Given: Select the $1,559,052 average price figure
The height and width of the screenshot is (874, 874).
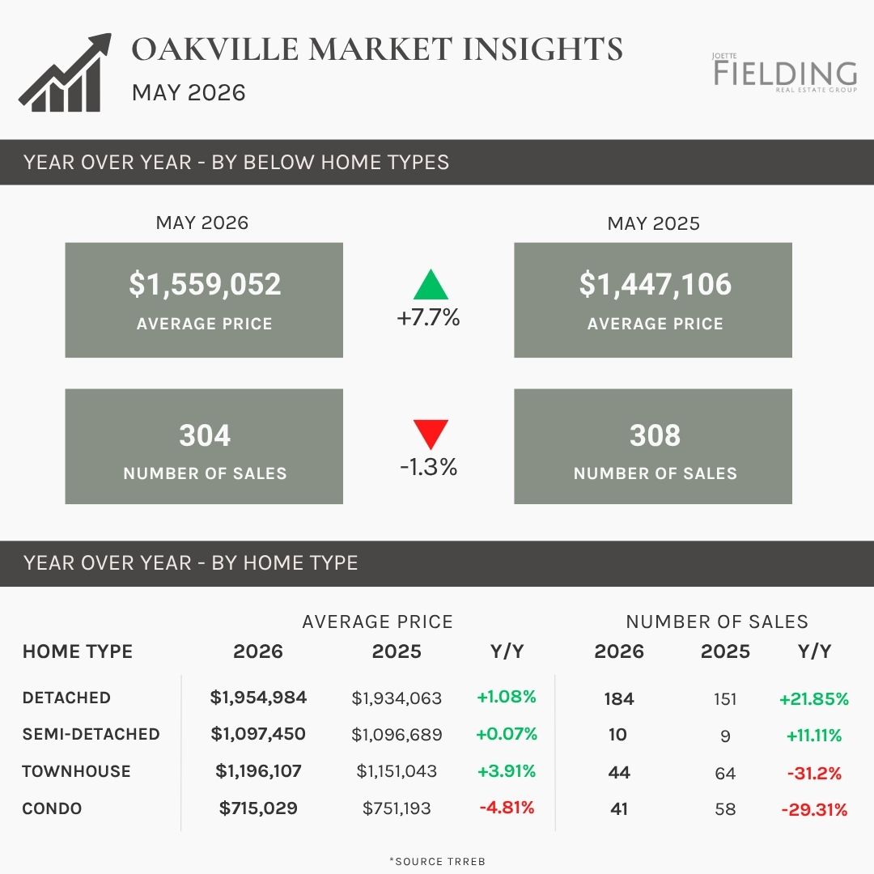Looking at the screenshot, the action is (x=205, y=284).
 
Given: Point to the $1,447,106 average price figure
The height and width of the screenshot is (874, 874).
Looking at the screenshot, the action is (x=655, y=284).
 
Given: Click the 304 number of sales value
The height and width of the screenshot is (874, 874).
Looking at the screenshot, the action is (x=205, y=435).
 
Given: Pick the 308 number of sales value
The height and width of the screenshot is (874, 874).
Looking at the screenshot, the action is (x=655, y=435).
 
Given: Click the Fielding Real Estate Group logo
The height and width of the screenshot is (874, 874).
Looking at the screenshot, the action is (x=785, y=73).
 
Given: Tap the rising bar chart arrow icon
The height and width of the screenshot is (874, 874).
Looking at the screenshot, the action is (x=66, y=73).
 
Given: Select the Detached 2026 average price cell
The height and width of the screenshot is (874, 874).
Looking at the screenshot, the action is (x=258, y=698).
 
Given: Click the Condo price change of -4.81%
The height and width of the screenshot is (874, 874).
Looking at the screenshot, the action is (x=507, y=807).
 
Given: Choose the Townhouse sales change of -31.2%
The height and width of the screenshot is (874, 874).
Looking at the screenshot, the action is (x=814, y=773).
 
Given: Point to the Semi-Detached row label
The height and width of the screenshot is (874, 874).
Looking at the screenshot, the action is (x=91, y=734).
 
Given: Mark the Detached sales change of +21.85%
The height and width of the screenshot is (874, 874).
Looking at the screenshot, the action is (x=814, y=698).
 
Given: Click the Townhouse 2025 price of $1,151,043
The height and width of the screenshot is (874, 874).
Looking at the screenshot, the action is (x=397, y=771).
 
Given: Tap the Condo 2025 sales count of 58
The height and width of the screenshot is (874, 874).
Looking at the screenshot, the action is (x=725, y=808).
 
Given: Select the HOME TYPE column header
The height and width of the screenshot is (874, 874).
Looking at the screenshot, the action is (x=78, y=651).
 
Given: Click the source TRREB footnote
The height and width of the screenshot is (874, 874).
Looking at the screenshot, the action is (x=438, y=861).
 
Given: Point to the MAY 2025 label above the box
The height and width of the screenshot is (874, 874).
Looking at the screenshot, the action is (x=653, y=223).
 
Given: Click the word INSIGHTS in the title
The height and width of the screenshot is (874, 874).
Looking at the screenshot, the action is (x=543, y=49).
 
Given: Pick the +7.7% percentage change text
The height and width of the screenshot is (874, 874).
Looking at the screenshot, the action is (x=428, y=317).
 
